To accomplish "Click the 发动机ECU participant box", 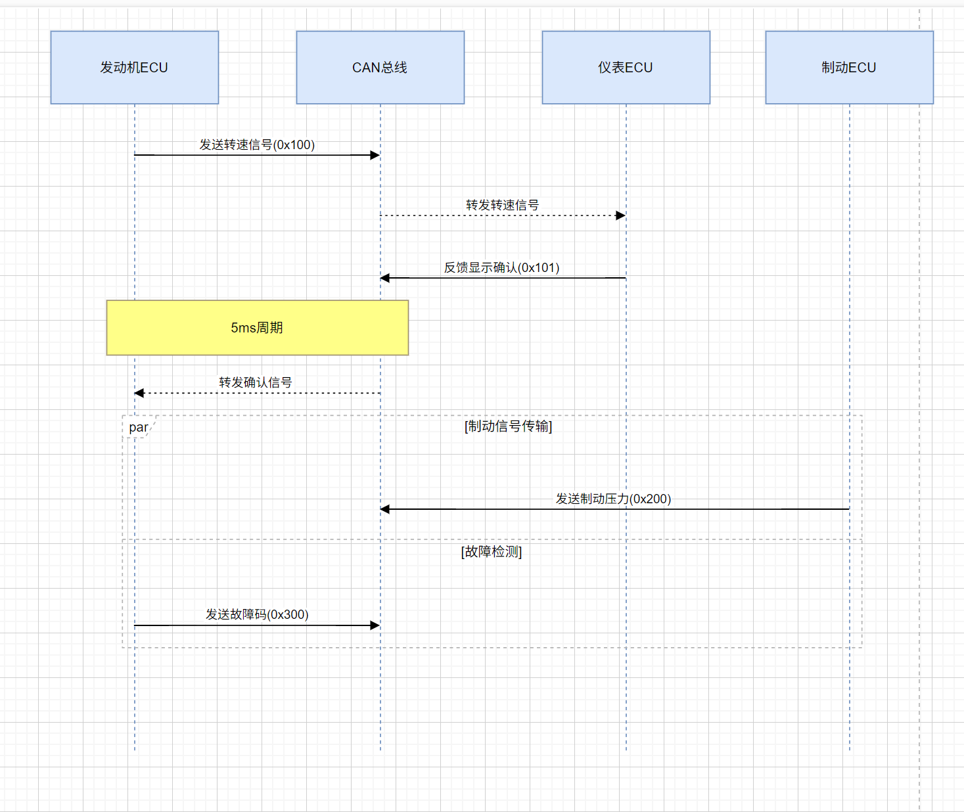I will [x=135, y=68].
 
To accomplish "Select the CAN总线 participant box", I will [x=380, y=68].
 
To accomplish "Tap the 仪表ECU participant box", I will [x=626, y=68].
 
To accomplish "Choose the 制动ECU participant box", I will [x=849, y=68].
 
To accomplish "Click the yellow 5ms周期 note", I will [x=257, y=328].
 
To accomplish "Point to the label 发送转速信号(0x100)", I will [x=257, y=145].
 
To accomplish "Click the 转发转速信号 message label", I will [x=502, y=205].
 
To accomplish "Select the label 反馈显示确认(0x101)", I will [x=501, y=267].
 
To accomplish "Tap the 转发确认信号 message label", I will [x=255, y=382].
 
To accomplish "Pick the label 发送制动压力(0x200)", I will [x=613, y=499].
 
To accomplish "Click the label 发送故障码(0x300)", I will [x=257, y=614].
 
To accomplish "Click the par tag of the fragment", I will [x=139, y=427].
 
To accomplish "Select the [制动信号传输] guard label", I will [x=508, y=426].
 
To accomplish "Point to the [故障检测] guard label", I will [x=492, y=552].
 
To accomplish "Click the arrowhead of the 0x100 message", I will [x=375, y=155].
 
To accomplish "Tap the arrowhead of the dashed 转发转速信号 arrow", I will [x=621, y=215].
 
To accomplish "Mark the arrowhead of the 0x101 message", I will [x=385, y=278].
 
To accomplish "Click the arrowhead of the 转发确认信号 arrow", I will [x=139, y=393].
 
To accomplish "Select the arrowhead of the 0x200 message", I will [x=385, y=509].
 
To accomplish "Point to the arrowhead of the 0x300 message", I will [x=375, y=625].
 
